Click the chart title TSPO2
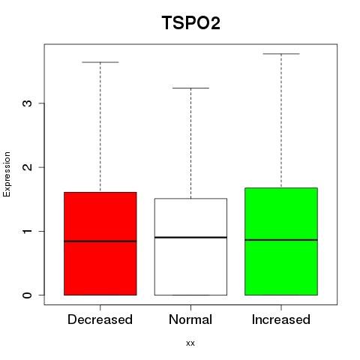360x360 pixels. [191, 22]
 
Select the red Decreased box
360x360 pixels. [100, 244]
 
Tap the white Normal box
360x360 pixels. [190, 247]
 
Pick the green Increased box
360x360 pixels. [281, 241]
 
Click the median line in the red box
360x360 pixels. [100, 241]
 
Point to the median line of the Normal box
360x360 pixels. [190, 237]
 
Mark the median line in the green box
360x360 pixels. [281, 240]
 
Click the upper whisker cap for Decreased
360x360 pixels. [100, 62]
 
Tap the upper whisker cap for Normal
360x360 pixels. [190, 88]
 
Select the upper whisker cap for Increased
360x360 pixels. [281, 54]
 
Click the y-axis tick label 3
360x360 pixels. [27, 103]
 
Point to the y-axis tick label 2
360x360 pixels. [27, 167]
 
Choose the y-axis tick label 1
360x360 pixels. [27, 231]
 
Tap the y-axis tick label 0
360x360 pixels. [27, 295]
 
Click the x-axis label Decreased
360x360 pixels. [100, 319]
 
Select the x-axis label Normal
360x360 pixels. [190, 319]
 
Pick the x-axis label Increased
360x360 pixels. [281, 319]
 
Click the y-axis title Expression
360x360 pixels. [7, 174]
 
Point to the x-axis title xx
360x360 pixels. [190, 343]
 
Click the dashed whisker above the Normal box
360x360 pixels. [191, 143]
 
